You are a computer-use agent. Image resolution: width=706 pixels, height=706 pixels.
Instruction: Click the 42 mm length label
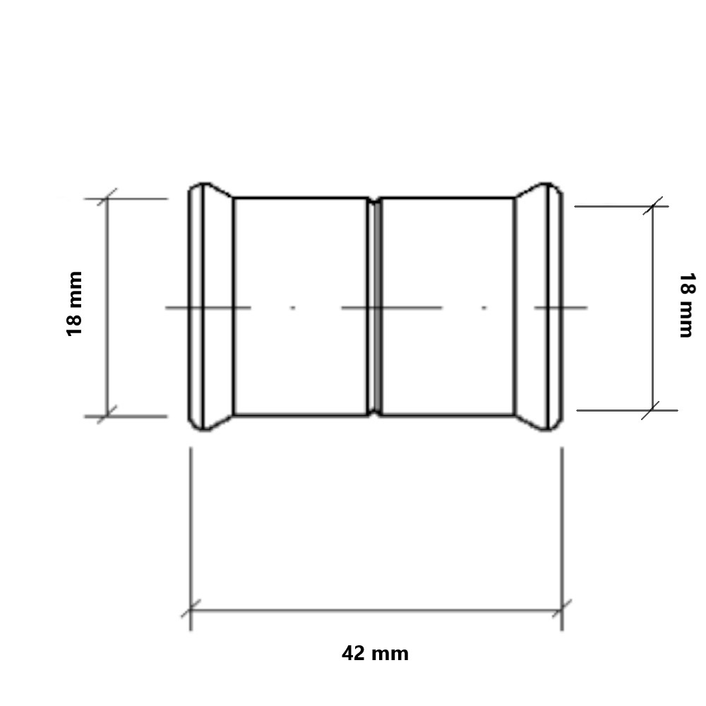coord(375,653)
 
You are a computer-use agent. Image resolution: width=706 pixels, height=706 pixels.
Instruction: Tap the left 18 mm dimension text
coord(75,304)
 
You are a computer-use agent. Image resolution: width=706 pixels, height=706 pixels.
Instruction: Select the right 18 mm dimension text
coord(687,305)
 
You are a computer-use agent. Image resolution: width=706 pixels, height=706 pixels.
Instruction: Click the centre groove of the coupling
coord(375,306)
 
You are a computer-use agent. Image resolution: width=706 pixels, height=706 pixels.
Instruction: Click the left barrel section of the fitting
coord(301,306)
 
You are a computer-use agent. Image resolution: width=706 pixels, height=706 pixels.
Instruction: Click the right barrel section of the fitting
coord(448,306)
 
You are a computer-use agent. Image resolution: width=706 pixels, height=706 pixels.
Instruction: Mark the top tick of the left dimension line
coord(107,198)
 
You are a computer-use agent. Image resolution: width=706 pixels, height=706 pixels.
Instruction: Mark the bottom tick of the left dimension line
coord(107,416)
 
